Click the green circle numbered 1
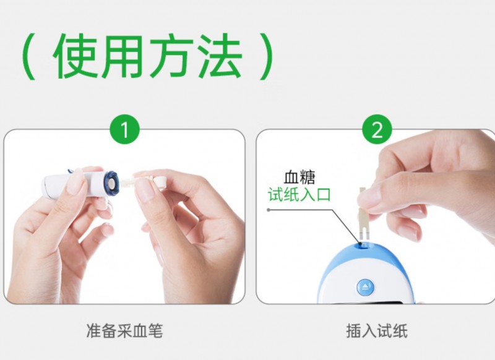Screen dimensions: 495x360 (x=124, y=129)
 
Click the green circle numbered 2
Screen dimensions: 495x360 (x=377, y=129)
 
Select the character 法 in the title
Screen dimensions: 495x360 (x=220, y=56)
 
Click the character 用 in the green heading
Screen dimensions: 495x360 (x=121, y=56)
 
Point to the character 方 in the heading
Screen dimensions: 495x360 (x=171, y=56)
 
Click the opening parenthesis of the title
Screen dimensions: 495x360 (x=28, y=56)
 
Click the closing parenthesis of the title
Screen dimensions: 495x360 (x=266, y=56)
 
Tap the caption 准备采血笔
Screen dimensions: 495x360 (x=124, y=331)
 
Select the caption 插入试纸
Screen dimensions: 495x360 (x=377, y=331)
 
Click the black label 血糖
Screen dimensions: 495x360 (x=299, y=178)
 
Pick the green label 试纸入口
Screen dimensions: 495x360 (x=299, y=194)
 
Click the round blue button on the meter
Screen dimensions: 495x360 (x=365, y=287)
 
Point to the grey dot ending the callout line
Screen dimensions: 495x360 (x=269, y=210)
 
